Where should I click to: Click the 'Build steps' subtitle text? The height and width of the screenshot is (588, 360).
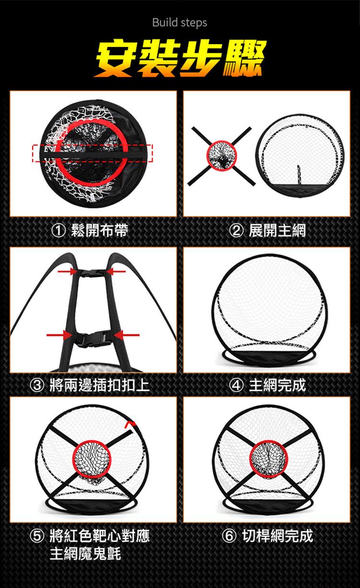tap(180, 23)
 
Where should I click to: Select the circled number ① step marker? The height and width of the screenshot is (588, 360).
tap(58, 231)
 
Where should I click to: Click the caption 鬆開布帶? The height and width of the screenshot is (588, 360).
tap(100, 231)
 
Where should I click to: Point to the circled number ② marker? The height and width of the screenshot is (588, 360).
tap(236, 231)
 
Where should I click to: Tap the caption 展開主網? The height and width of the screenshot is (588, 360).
tap(277, 231)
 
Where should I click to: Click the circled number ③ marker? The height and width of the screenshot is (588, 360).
tap(37, 385)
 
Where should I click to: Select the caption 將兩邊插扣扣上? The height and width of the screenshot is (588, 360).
tap(100, 385)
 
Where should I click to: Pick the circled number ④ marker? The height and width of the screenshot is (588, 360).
tap(236, 385)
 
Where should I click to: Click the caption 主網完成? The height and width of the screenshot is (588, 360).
tap(277, 385)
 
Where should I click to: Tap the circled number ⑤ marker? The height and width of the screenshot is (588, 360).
tap(37, 536)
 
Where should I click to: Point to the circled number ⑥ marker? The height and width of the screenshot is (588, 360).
tap(229, 536)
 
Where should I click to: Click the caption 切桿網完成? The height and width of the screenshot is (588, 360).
tap(277, 536)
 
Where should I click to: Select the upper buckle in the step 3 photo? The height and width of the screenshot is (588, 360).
tap(92, 273)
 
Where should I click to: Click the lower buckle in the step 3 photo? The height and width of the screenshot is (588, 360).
tap(92, 339)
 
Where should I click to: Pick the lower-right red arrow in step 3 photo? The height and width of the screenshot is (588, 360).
tap(126, 335)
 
